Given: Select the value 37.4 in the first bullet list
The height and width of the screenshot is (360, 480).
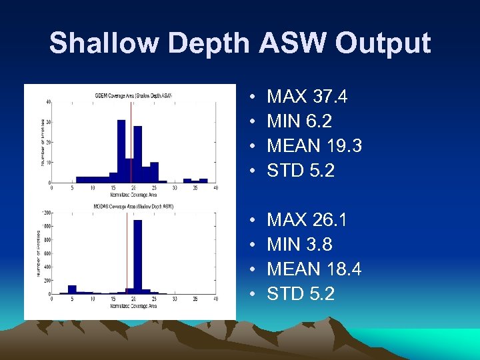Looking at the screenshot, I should coord(329,97).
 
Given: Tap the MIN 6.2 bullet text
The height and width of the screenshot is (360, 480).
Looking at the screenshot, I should coord(299,121).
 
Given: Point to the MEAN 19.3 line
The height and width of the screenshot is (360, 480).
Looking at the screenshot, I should coord(314,146).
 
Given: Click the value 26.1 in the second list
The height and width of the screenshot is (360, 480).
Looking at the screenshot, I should coord(329,220).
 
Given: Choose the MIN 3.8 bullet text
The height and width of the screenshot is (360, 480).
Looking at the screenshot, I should coord(299,244).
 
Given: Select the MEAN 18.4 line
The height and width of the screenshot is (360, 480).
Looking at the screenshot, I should coord(314,269).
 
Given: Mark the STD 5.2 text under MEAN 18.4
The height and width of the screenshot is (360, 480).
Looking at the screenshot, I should coord(301,293).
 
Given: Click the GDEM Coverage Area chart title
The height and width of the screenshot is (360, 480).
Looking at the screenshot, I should coord(134,95).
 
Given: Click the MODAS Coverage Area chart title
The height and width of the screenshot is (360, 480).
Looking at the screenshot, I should coord(134,207).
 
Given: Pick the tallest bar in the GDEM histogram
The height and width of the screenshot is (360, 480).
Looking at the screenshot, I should coord(121,151).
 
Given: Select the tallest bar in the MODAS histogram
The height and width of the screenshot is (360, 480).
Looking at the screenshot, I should coord(138,257).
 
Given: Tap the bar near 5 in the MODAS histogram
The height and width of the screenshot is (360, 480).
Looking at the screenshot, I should coord(72,289).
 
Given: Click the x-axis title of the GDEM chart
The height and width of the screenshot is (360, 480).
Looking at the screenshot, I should coord(134,195).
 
